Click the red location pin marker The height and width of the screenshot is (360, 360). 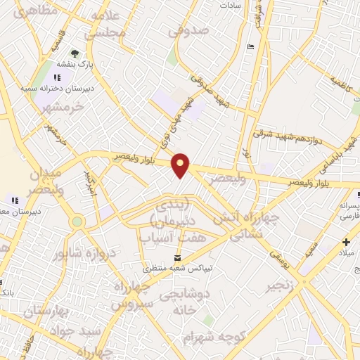[181, 165]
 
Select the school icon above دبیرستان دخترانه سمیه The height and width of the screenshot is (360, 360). [58, 77]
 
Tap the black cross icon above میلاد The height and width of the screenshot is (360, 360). [345, 242]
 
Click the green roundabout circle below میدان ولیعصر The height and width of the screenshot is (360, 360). [77, 221]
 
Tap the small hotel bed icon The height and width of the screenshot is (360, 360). [252, 47]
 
